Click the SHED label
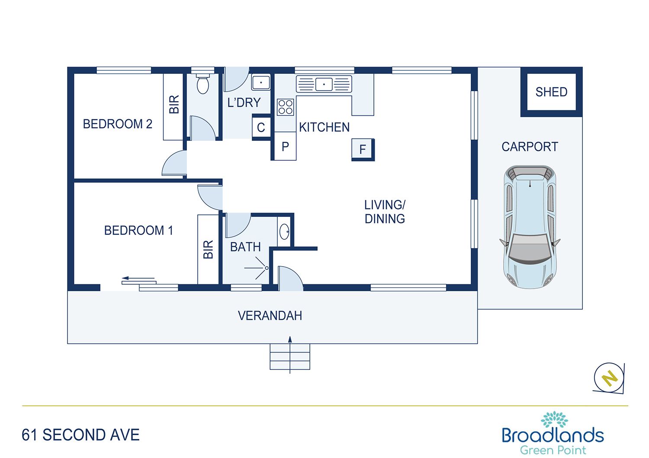pyautogui.click(x=551, y=92)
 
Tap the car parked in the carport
pyautogui.click(x=530, y=226)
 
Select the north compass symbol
pyautogui.click(x=609, y=378)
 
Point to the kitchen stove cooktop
pyautogui.click(x=285, y=107)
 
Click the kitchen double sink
pyautogui.click(x=324, y=84)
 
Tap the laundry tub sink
pyautogui.click(x=261, y=82)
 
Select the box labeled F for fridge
pyautogui.click(x=363, y=149)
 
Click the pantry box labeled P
pyautogui.click(x=285, y=147)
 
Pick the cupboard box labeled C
pyautogui.click(x=261, y=127)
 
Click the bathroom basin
pyautogui.click(x=284, y=232)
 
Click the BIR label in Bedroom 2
pyautogui.click(x=173, y=105)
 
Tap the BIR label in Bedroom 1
pyautogui.click(x=208, y=249)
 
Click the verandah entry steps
pyautogui.click(x=290, y=356)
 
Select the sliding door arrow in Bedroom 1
pyautogui.click(x=138, y=279)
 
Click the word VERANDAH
pyautogui.click(x=270, y=316)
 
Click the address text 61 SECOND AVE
pyautogui.click(x=81, y=435)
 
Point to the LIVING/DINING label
pyautogui.click(x=385, y=212)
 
